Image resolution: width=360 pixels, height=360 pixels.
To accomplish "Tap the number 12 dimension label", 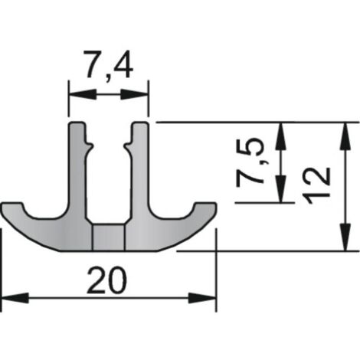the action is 316,185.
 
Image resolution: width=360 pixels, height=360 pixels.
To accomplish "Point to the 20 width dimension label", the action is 106,280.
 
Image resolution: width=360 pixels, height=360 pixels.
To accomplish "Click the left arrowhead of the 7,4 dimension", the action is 82,94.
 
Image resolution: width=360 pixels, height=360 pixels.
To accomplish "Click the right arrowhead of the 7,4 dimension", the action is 135,94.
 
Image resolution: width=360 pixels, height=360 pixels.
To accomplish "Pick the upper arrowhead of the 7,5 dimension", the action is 280,136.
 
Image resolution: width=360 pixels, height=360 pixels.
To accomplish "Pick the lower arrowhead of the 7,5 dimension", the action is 280,189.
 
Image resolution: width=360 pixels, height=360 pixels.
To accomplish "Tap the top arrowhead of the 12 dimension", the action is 345,136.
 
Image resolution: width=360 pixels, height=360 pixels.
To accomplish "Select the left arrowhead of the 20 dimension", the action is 15,298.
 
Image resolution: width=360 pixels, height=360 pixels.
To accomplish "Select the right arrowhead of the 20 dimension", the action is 202,298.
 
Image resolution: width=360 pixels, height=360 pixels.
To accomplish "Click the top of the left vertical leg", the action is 77,123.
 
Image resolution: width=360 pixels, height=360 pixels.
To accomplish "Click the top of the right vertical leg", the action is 140,123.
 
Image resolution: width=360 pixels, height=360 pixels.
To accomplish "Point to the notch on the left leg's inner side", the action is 89,145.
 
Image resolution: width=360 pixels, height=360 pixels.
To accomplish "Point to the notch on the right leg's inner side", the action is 128,145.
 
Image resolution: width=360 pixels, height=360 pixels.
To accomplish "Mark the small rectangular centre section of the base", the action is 109,237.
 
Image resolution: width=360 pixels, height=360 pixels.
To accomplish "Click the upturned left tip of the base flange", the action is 12,205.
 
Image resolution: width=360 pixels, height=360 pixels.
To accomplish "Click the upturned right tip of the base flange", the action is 206,205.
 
